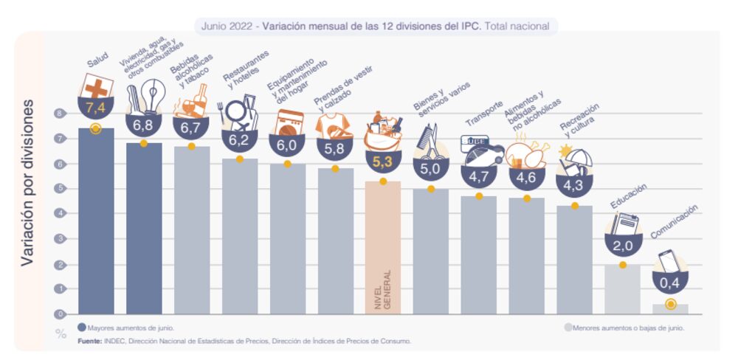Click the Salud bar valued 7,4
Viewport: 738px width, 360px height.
tap(96, 221)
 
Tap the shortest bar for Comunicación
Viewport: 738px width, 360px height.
tap(670, 308)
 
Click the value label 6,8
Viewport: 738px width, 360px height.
tap(143, 125)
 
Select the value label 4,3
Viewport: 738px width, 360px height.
tap(574, 187)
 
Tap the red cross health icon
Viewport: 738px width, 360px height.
tap(97, 89)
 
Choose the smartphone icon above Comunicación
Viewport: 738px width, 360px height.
tap(669, 261)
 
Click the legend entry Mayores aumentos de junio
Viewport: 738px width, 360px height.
tap(130, 327)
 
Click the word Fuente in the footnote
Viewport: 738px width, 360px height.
tap(90, 341)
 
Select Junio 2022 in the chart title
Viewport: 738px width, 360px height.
tap(226, 26)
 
